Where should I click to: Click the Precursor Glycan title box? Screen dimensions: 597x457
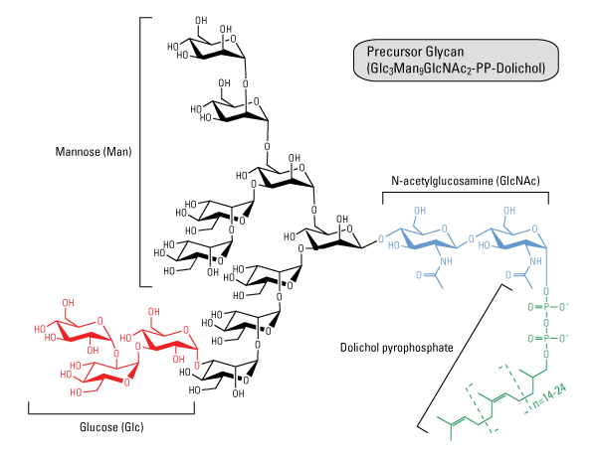(x=456, y=60)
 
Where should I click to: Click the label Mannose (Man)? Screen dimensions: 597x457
(x=94, y=152)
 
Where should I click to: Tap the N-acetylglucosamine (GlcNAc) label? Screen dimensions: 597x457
(x=466, y=181)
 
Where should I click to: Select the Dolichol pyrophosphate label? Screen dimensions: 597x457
(x=396, y=348)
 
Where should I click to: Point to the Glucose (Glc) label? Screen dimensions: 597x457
(x=111, y=427)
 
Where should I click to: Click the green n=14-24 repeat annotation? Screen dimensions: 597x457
(x=549, y=395)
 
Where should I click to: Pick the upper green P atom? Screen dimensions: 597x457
(x=546, y=307)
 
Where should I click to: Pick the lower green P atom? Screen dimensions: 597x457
(x=546, y=338)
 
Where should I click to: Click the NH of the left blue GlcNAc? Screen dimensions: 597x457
(x=446, y=261)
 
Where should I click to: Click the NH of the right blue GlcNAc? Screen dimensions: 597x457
(x=535, y=261)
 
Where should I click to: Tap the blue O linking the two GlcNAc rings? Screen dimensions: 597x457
(x=472, y=239)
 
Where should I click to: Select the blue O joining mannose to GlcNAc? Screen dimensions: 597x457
(x=381, y=239)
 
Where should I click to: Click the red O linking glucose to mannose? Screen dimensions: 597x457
(x=196, y=366)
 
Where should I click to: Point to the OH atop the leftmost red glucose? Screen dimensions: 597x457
(x=68, y=303)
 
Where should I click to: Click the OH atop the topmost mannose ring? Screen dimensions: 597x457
(x=201, y=20)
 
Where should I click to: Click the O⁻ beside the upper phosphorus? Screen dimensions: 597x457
(x=564, y=306)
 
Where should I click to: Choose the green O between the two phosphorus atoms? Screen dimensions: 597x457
(x=546, y=323)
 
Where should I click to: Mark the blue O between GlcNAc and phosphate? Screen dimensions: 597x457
(x=546, y=291)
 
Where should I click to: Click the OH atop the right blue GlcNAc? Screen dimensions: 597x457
(x=509, y=211)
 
